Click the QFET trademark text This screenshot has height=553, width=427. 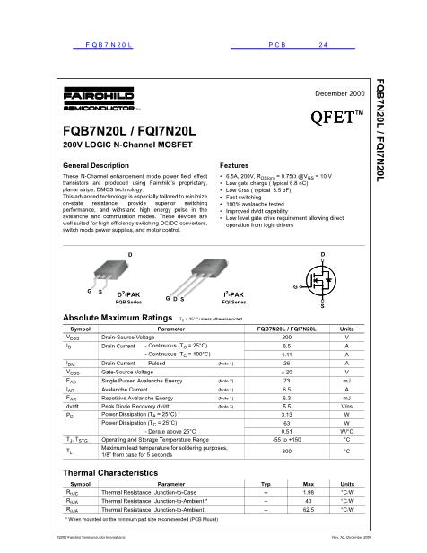click(x=335, y=117)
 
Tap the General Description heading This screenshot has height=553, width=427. click(x=97, y=166)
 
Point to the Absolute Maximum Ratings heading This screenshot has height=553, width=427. click(x=117, y=319)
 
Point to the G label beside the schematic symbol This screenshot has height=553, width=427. click(x=294, y=285)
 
